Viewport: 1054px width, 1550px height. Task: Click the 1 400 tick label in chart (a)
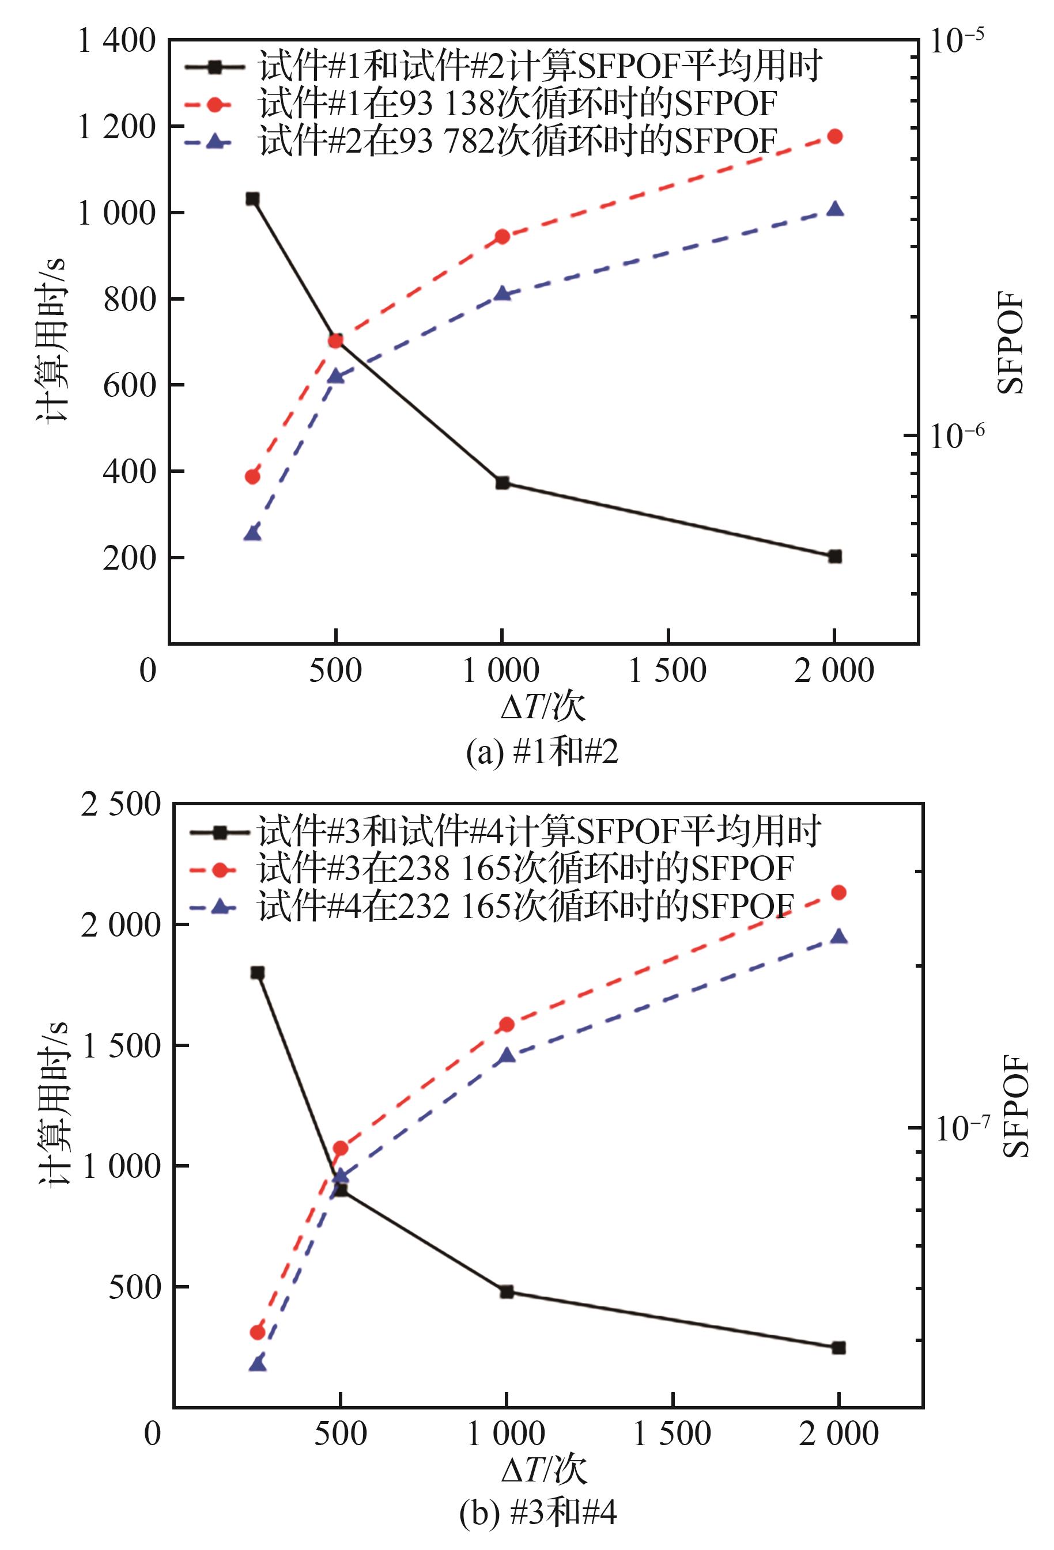117,41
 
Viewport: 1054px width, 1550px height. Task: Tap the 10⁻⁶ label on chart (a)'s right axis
957,436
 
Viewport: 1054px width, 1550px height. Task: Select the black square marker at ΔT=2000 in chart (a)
834,556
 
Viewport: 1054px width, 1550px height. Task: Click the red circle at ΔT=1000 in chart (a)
503,237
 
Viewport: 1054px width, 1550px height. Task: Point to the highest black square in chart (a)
252,199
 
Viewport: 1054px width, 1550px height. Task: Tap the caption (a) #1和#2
542,752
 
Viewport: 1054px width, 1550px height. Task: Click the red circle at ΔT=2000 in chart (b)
839,892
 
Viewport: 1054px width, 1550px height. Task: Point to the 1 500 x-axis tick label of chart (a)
668,670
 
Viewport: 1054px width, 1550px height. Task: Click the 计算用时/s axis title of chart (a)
52,340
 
